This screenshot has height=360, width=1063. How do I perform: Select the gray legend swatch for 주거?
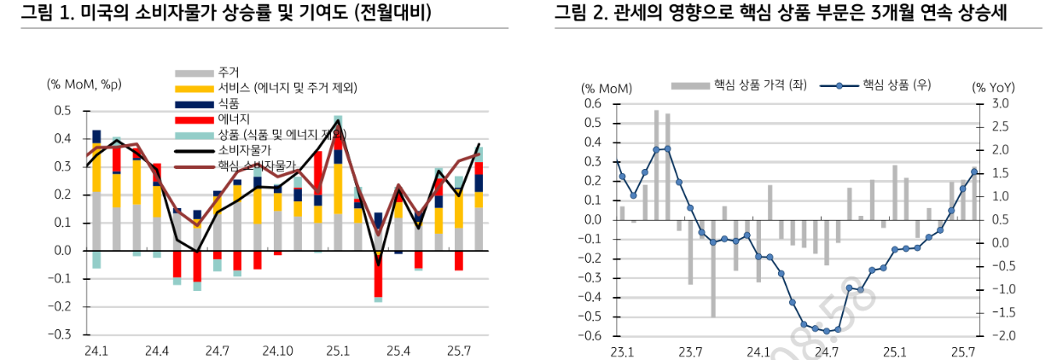click(x=195, y=73)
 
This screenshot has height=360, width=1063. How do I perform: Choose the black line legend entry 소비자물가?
click(x=195, y=150)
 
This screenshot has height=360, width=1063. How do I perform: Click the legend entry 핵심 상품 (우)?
click(x=896, y=85)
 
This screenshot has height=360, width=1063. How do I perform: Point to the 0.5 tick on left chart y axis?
click(x=62, y=111)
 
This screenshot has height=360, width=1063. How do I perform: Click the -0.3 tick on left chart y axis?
click(x=61, y=334)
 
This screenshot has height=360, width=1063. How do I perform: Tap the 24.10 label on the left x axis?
click(x=278, y=351)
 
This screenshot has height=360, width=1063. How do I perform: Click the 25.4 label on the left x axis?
click(x=398, y=351)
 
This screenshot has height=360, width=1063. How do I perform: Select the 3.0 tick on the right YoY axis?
click(x=1001, y=103)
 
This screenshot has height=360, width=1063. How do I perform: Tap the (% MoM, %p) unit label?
click(x=84, y=84)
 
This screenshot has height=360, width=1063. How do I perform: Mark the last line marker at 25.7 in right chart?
click(x=974, y=172)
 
